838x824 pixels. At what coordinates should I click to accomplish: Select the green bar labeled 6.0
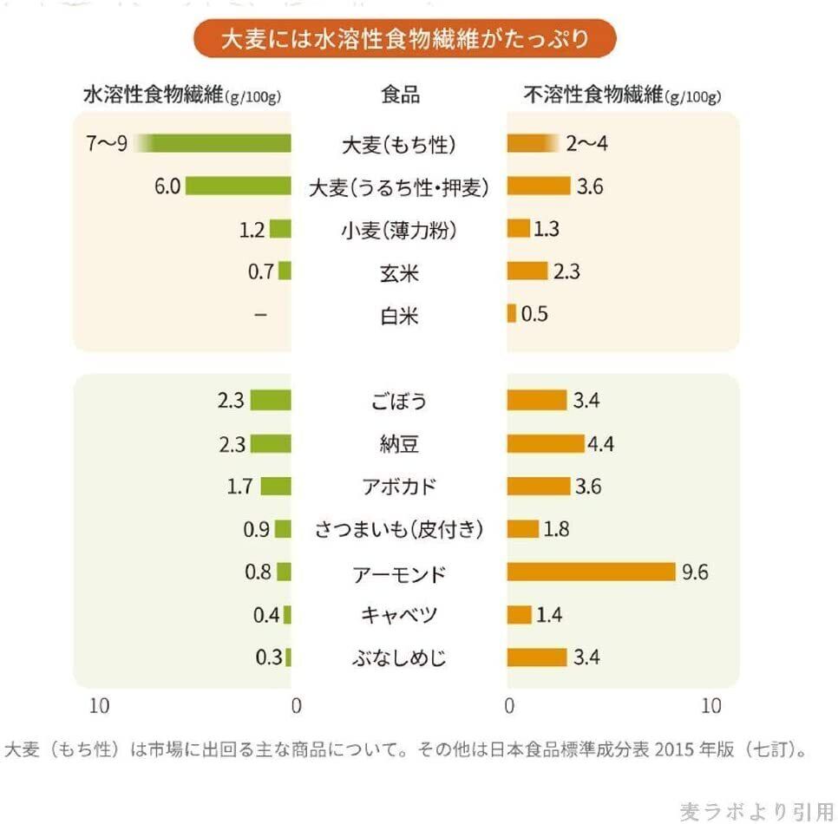tap(238, 186)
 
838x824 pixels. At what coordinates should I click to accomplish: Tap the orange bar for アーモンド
tap(591, 572)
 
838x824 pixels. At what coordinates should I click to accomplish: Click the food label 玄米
tap(399, 273)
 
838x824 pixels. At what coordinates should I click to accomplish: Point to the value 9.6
tap(696, 572)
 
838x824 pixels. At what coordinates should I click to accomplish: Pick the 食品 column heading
tap(400, 95)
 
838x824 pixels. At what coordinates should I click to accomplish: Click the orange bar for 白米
tap(511, 314)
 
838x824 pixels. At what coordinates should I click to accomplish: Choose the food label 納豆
tap(399, 445)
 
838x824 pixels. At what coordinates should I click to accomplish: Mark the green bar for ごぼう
tap(271, 401)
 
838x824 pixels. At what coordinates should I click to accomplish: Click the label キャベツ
tap(399, 615)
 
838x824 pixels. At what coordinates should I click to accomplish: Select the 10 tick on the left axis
tap(99, 706)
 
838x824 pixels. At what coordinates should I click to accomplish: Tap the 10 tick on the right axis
tap(710, 706)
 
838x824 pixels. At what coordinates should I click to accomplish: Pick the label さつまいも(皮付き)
tap(399, 529)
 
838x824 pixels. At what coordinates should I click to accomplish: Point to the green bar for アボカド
tap(276, 486)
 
